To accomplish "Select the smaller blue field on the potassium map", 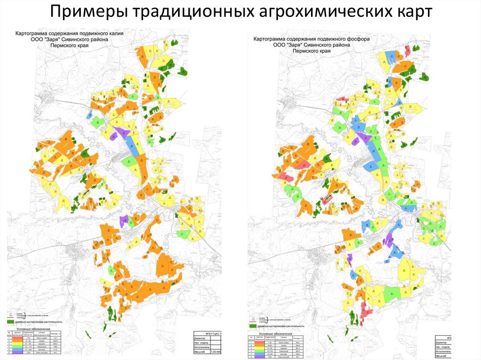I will click(89, 115).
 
